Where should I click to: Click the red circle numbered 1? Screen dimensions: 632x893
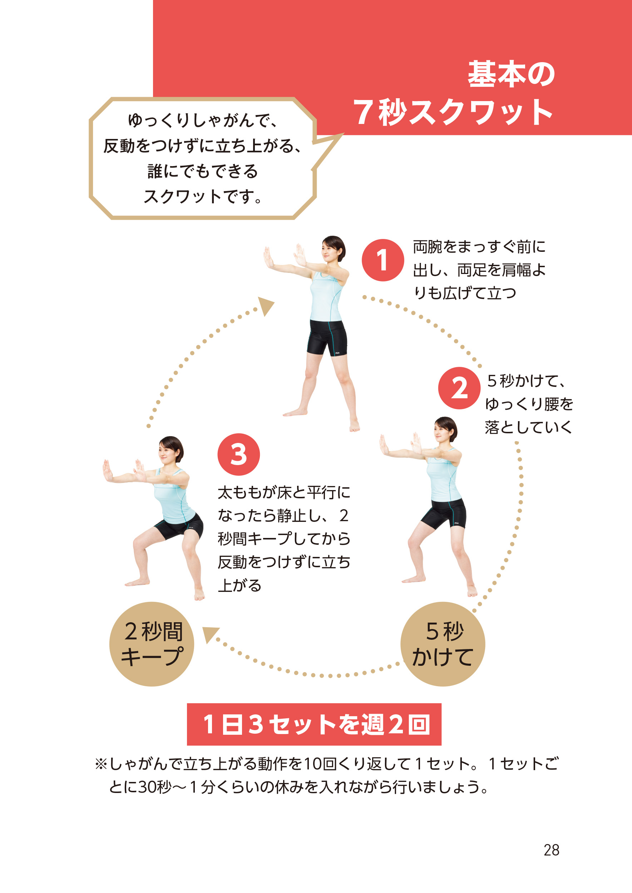click(382, 260)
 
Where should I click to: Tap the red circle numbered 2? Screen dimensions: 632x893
click(459, 388)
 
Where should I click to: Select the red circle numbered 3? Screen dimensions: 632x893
click(238, 454)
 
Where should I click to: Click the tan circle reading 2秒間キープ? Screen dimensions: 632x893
click(152, 644)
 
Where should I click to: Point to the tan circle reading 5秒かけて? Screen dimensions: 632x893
click(443, 644)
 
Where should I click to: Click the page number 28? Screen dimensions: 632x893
click(552, 850)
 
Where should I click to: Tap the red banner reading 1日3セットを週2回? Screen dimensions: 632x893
click(314, 724)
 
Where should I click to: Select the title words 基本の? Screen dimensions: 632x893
click(512, 74)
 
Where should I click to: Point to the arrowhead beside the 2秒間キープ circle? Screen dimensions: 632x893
click(211, 634)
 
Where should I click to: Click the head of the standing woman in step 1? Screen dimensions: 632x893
click(334, 249)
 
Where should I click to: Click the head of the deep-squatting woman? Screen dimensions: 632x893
click(171, 450)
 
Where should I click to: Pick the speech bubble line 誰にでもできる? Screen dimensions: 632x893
click(202, 171)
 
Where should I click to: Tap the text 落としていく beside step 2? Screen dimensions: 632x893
click(528, 427)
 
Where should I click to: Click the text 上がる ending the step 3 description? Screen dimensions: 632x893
click(240, 585)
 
